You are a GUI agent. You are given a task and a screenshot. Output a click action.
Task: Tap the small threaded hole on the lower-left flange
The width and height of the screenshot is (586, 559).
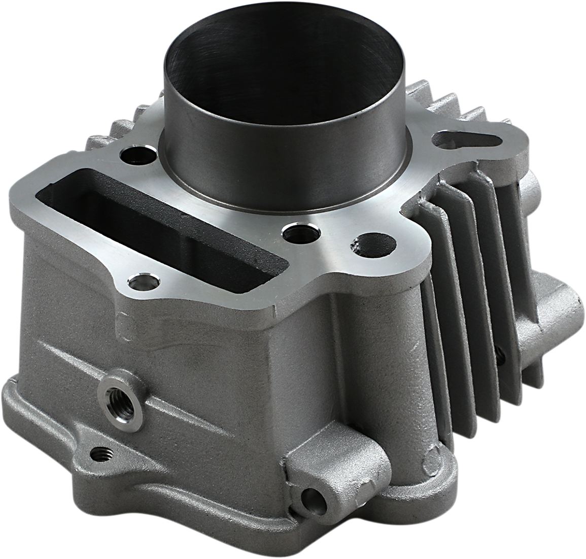[103, 453]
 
